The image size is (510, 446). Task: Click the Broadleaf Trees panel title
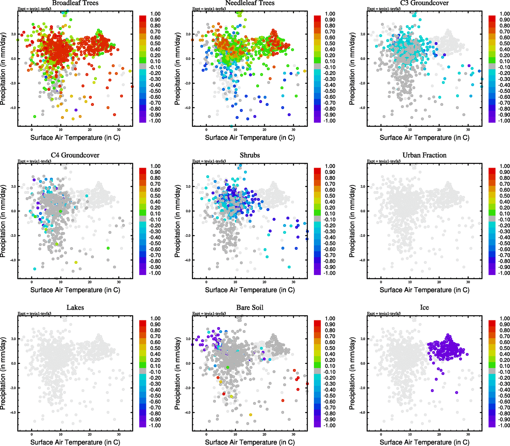[75, 3]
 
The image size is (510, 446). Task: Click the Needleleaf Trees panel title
[250, 3]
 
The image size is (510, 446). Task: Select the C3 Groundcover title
[424, 3]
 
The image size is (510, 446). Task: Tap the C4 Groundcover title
[75, 155]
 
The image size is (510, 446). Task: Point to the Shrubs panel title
[250, 155]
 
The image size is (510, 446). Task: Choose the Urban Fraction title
[424, 155]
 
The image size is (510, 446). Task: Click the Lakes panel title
[75, 308]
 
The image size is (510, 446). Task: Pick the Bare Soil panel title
[250, 308]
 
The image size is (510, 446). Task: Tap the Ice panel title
[424, 308]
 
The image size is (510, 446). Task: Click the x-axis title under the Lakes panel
[75, 442]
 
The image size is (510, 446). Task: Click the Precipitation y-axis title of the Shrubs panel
[178, 221]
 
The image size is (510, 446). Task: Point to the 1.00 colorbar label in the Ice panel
[505, 319]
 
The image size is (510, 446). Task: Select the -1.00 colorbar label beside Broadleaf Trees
[155, 121]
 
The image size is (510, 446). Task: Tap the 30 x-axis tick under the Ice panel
[468, 434]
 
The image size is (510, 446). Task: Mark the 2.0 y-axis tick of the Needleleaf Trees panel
[188, 34]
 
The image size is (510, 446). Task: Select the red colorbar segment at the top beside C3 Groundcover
[492, 18]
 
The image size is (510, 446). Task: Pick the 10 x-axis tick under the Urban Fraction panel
[410, 282]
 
